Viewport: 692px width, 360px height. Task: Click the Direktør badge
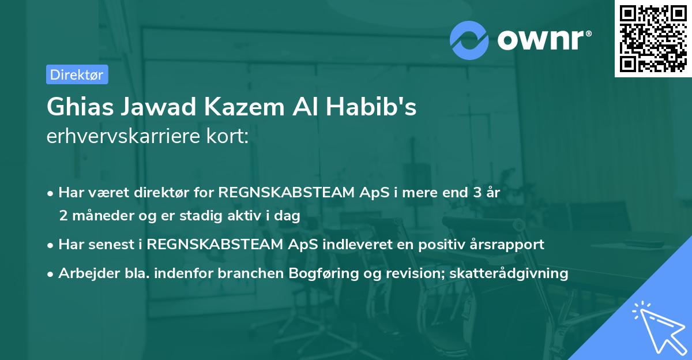point(77,74)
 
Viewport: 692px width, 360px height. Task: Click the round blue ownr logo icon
point(469,40)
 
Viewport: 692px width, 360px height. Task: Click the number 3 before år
point(476,193)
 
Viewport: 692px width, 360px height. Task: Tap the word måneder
point(100,216)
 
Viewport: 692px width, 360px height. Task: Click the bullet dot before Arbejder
point(51,273)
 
